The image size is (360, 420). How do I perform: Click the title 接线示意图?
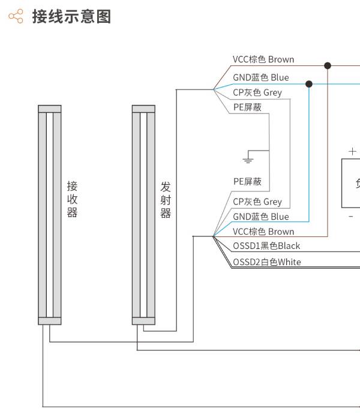coord(71,17)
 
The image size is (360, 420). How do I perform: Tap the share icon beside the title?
coord(16,16)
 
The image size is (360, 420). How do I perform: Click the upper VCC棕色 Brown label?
coord(263,59)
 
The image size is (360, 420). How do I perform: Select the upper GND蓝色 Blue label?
coord(261,77)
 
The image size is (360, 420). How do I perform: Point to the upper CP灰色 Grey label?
coord(257,92)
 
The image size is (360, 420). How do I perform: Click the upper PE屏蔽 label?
coord(247,107)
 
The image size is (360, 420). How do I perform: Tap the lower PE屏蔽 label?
coord(247,181)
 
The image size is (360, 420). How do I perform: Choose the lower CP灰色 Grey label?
coord(257,202)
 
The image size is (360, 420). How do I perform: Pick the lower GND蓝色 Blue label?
coord(261,217)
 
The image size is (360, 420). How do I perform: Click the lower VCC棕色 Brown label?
coord(263,232)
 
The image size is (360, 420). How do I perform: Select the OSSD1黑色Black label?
coord(266,246)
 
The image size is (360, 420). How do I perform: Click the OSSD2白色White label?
coord(267,262)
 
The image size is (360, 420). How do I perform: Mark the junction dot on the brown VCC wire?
coord(328,65)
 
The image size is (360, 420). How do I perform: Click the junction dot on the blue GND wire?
coord(309,84)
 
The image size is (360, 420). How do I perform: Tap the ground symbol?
coord(248,160)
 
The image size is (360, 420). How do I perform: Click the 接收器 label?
coord(72,199)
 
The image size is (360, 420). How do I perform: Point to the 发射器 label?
coord(166,200)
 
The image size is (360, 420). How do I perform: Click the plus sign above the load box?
coord(353,152)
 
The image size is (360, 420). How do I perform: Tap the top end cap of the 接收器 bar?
coord(50,109)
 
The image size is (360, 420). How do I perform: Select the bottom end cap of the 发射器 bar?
coord(143,321)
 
